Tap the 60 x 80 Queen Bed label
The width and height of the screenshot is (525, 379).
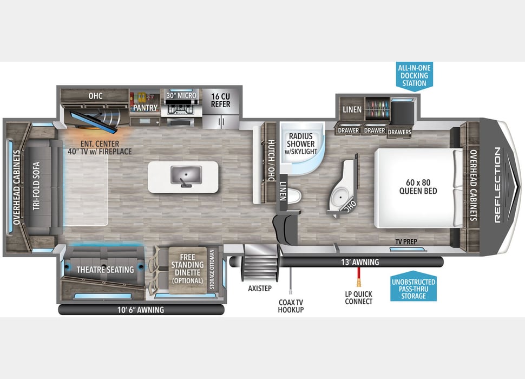(418, 186)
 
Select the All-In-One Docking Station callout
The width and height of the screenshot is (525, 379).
(414, 76)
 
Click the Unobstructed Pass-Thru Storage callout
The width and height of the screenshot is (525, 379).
(414, 289)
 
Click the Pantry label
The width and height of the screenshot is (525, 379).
(145, 108)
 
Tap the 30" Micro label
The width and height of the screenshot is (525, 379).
(180, 95)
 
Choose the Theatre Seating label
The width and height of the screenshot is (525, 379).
(105, 270)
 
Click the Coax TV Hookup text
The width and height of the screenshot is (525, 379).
(291, 306)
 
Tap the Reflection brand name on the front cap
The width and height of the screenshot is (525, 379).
(497, 186)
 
